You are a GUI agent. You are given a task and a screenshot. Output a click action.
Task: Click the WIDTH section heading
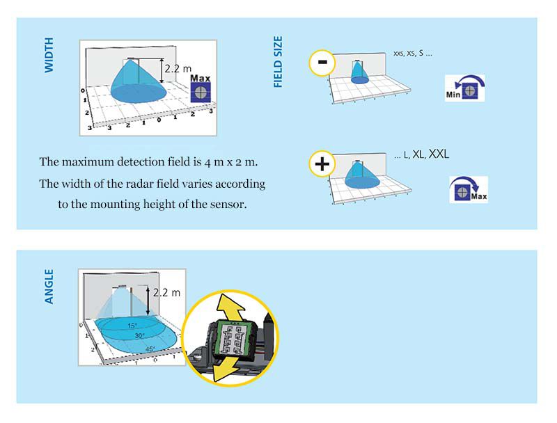pyautogui.click(x=49, y=56)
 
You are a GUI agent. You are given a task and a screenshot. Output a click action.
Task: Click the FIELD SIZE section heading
pyautogui.click(x=278, y=62)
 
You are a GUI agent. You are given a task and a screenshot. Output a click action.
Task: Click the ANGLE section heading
pyautogui.click(x=49, y=287)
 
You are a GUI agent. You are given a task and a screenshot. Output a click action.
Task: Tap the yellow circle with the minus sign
pyautogui.click(x=322, y=63)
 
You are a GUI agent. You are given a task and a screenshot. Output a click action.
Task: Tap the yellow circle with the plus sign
pyautogui.click(x=322, y=164)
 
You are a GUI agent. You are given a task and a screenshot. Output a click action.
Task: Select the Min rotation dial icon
pyautogui.click(x=464, y=88)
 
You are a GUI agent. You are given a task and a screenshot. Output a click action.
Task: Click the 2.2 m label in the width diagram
pyautogui.click(x=178, y=68)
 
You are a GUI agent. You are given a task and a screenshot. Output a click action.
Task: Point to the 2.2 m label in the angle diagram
pyautogui.click(x=166, y=293)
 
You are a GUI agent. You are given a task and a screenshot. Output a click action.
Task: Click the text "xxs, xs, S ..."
pyautogui.click(x=413, y=54)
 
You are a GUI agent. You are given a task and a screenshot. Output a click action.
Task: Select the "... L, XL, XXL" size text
pyautogui.click(x=422, y=154)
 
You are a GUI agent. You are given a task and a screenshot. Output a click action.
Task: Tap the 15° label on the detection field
pyautogui.click(x=132, y=326)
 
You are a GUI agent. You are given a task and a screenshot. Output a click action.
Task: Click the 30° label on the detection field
pyautogui.click(x=139, y=336)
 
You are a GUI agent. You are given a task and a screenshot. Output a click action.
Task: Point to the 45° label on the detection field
pyautogui.click(x=150, y=349)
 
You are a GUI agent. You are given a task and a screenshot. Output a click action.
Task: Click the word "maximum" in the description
pyautogui.click(x=86, y=162)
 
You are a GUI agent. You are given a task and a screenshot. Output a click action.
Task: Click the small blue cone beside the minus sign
pyautogui.click(x=359, y=73)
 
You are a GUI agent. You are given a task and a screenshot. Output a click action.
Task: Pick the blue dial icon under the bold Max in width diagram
pyautogui.click(x=201, y=93)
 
